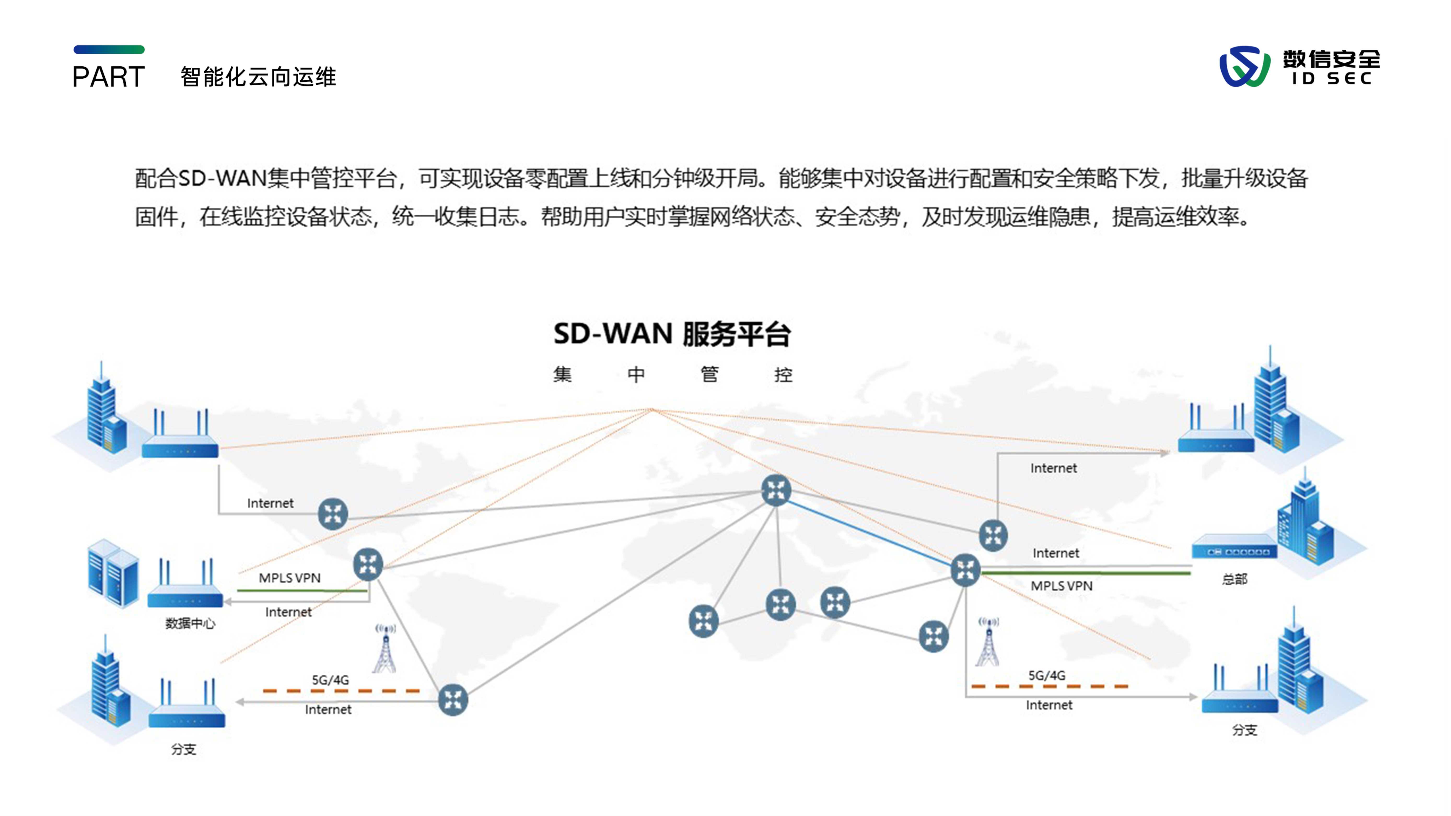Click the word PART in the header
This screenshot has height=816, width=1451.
click(x=109, y=77)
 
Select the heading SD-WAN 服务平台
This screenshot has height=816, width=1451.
click(x=672, y=334)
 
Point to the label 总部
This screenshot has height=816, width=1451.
click(x=1234, y=579)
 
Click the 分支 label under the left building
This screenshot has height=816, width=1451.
click(x=184, y=749)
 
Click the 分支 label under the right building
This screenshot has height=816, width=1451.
click(x=1244, y=730)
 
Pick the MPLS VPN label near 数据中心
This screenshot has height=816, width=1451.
click(x=289, y=578)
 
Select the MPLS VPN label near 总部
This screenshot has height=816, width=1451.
click(x=1061, y=586)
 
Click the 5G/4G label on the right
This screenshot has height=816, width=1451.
click(x=1047, y=675)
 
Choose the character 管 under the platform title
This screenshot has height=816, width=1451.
click(x=709, y=374)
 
